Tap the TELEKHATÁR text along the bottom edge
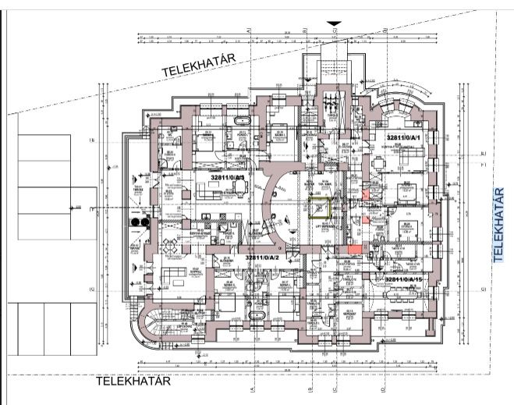[x=133, y=382]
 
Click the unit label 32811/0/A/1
[x=403, y=137]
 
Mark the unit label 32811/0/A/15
[x=407, y=279]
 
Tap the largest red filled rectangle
[x=354, y=248]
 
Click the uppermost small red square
[x=366, y=192]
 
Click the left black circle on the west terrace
[x=136, y=222]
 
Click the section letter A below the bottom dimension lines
[x=251, y=387]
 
